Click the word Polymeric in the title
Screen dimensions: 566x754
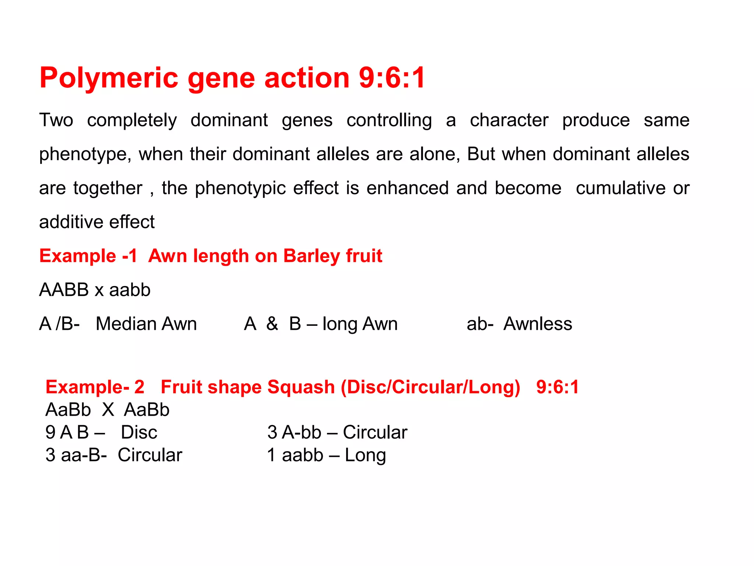click(x=109, y=78)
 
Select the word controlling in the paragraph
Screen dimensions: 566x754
click(x=389, y=120)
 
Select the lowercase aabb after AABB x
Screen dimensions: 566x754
click(x=130, y=290)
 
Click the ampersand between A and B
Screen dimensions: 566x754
click(x=272, y=324)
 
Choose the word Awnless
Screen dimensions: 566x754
click(x=538, y=324)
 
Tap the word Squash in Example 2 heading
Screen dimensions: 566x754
click(x=301, y=387)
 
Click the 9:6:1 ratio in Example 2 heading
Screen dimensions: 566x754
click(x=557, y=387)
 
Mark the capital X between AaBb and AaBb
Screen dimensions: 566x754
click(x=108, y=410)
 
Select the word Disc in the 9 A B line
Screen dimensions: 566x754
click(x=139, y=432)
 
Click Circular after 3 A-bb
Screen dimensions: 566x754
click(x=375, y=432)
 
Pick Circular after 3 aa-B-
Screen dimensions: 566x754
click(x=150, y=455)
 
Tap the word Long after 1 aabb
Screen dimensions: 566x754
click(x=365, y=455)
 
